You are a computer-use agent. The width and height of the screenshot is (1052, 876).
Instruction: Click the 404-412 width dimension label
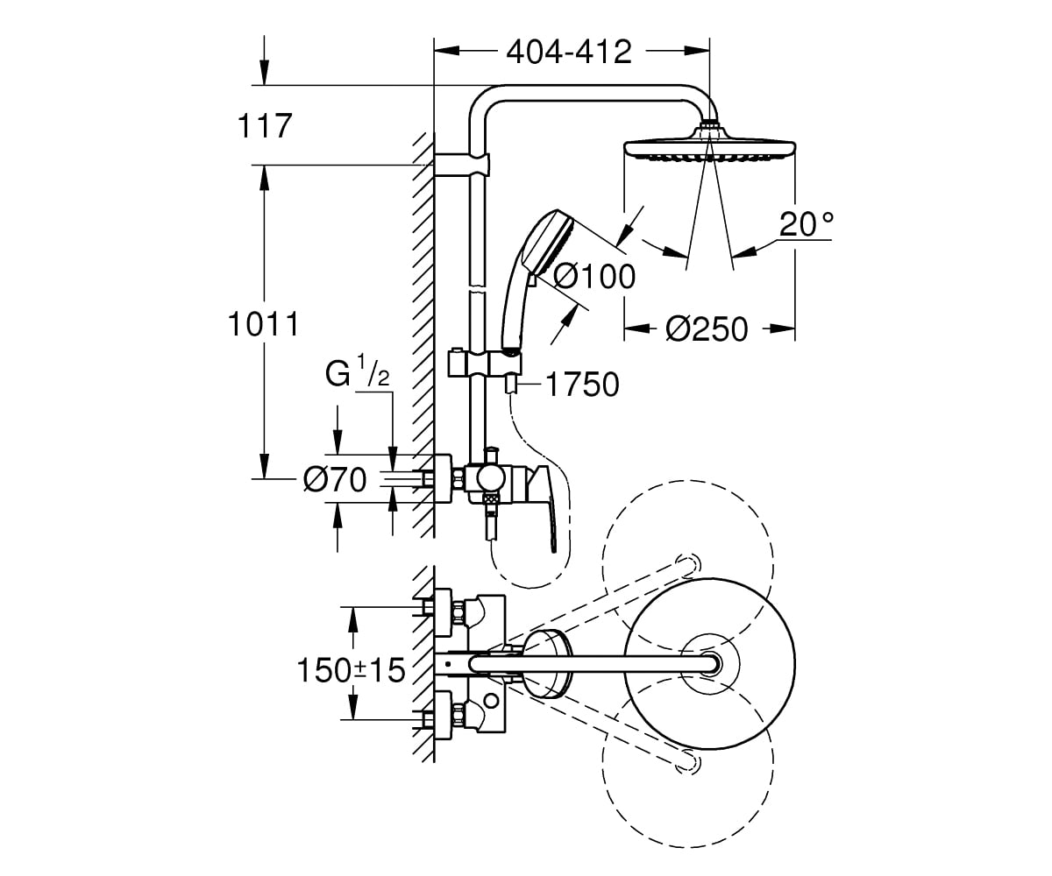(x=569, y=52)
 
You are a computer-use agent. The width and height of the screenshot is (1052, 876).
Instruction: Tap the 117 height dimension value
(x=265, y=125)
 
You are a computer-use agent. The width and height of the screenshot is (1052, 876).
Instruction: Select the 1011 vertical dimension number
(x=264, y=324)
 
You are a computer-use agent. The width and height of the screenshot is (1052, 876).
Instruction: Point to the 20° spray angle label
(x=807, y=223)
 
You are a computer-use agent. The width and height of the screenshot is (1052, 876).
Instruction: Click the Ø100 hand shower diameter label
(x=594, y=277)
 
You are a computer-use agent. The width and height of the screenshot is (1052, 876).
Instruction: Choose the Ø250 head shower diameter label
(x=707, y=329)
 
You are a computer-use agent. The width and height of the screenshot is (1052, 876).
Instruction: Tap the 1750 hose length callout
(x=582, y=385)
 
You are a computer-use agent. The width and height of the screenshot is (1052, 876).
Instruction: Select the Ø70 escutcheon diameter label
(x=335, y=479)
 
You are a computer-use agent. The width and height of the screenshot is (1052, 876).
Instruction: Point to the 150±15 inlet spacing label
(x=352, y=670)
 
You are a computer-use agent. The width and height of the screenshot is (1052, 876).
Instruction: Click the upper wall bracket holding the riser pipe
(x=461, y=165)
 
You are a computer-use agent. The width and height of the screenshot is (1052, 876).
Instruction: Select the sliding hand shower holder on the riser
(x=485, y=364)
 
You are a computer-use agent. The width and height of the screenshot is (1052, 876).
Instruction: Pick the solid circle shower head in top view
(x=709, y=663)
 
